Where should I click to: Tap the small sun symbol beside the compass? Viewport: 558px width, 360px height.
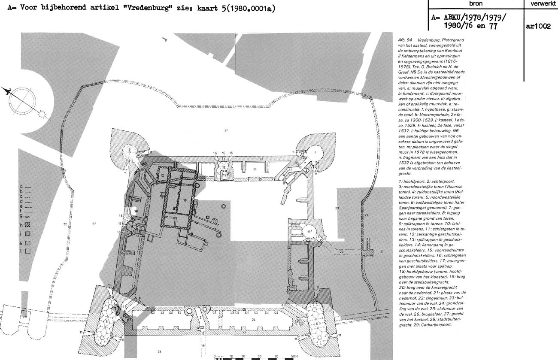(x=41, y=114)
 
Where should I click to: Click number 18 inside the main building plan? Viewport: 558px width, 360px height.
(x=185, y=200)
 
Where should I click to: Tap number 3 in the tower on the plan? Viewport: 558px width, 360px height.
(x=129, y=149)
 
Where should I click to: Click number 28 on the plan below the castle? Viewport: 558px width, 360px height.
(x=159, y=352)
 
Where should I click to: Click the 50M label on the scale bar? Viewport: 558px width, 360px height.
(x=294, y=356)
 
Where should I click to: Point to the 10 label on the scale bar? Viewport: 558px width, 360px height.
(x=231, y=356)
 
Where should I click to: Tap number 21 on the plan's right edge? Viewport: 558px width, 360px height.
(x=382, y=251)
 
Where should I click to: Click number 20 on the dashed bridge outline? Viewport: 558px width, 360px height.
(x=341, y=251)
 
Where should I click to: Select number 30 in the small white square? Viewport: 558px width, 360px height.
(x=136, y=212)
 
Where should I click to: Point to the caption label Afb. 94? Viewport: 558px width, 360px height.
(x=405, y=39)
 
